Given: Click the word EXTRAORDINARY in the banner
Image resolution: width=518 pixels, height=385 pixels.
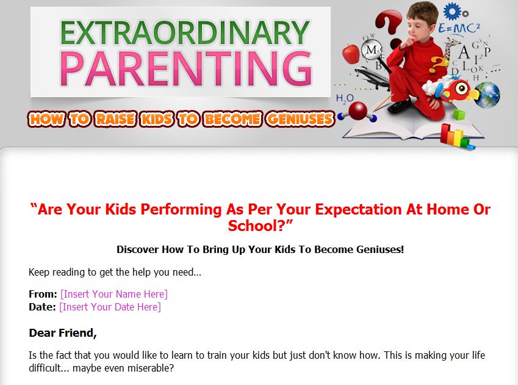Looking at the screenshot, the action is (x=185, y=33).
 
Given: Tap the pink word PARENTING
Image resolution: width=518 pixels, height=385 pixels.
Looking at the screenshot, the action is (x=186, y=69).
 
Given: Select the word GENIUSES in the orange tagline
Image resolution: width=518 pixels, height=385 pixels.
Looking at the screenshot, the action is (x=300, y=119).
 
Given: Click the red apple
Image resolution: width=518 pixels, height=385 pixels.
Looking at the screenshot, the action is (x=350, y=53).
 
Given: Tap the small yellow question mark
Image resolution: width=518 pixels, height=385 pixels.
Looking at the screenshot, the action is (x=438, y=65).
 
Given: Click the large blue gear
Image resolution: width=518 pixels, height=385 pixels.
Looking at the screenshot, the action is (x=452, y=12).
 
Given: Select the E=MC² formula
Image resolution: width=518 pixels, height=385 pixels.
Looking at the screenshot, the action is (x=459, y=29).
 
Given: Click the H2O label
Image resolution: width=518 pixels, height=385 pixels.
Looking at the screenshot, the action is (x=345, y=98).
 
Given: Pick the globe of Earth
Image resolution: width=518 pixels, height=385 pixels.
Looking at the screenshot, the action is (x=487, y=95).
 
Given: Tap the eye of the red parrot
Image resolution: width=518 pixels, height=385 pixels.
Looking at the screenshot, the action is (x=461, y=89).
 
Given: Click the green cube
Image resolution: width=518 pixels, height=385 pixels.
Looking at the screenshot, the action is (x=459, y=114).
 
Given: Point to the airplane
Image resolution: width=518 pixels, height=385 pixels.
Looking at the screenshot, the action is (x=372, y=78).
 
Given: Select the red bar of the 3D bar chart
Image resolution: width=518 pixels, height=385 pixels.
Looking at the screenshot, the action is (x=446, y=133).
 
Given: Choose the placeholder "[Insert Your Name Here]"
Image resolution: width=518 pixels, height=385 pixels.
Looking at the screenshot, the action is (x=114, y=294).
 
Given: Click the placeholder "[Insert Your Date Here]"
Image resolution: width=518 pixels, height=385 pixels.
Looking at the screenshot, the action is (x=110, y=307).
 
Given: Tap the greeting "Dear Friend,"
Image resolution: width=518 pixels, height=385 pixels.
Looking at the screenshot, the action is (x=63, y=332).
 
